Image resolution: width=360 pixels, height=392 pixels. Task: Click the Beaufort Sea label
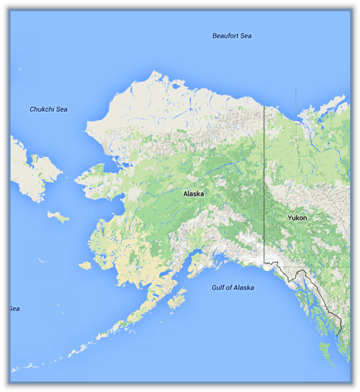coord(232,36)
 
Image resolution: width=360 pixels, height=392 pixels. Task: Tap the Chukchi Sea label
coord(49,109)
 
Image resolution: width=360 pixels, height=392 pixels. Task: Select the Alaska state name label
coord(194,194)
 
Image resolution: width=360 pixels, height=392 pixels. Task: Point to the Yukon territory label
coord(297,218)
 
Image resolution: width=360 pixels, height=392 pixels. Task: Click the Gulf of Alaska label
coord(233,288)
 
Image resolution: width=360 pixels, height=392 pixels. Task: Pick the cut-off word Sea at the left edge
coord(15,309)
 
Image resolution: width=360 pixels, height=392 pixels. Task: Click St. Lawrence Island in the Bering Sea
coord(58,217)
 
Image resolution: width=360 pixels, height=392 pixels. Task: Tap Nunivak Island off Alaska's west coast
coord(85,265)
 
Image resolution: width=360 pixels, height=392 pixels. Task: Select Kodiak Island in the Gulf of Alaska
coord(176,302)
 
